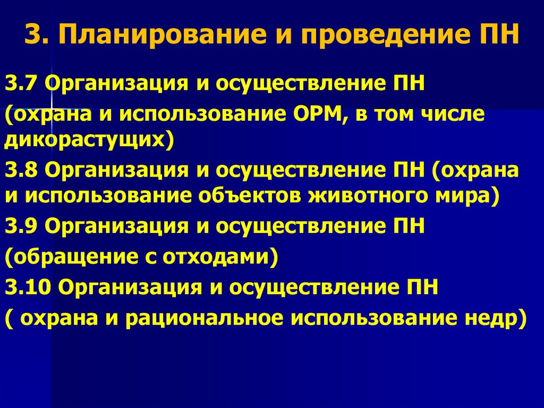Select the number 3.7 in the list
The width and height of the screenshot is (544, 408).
(22, 84)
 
